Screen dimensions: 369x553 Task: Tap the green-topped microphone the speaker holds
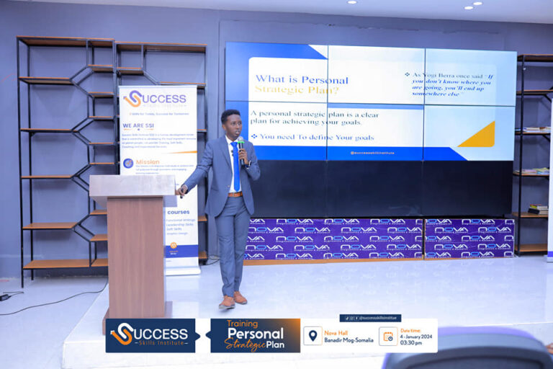tap(240, 144)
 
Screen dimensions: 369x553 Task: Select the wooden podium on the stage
tap(133, 238)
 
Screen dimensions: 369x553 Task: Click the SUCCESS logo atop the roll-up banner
tap(156, 99)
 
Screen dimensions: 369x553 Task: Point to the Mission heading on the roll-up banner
tap(147, 163)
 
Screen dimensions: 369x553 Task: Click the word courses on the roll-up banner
tap(179, 212)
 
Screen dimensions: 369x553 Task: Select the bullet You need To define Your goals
tap(313, 135)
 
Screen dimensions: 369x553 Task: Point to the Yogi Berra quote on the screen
tap(454, 84)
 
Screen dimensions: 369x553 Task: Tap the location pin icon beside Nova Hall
tap(313, 336)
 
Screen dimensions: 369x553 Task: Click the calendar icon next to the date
tap(388, 336)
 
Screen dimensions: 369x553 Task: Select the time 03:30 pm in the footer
tap(413, 343)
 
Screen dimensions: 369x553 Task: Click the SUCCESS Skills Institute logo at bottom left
tap(150, 335)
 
